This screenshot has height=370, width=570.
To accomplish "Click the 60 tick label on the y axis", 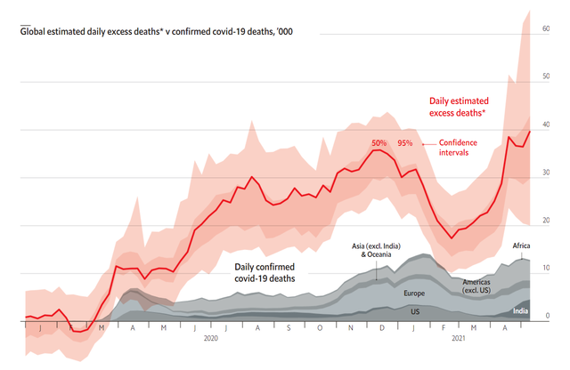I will [x=545, y=28].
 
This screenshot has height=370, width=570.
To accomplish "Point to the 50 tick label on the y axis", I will [x=545, y=77].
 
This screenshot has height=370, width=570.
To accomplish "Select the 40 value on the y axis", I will [x=545, y=125].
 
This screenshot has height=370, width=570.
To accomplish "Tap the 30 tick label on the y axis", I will [x=545, y=173].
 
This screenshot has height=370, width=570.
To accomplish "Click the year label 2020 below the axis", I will [x=211, y=339].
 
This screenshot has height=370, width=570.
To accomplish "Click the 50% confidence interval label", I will [x=379, y=142].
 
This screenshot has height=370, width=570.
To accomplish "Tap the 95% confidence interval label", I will [x=405, y=142].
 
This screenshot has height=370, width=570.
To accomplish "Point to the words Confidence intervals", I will [x=459, y=148].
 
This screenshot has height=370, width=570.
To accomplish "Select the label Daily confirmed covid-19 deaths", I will [x=265, y=272].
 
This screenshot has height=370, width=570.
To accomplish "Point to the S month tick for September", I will [x=289, y=327].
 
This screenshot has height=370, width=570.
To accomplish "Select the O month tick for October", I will [x=320, y=327].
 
